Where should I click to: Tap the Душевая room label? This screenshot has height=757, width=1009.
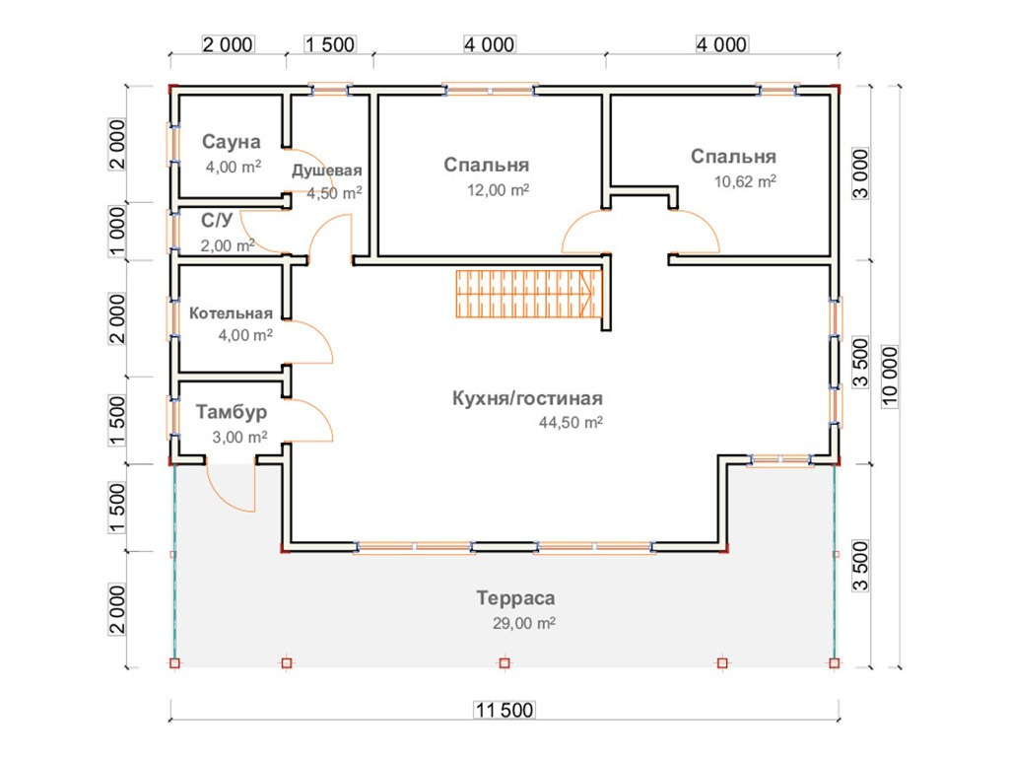click(327, 171)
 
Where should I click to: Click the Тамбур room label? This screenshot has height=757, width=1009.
click(231, 411)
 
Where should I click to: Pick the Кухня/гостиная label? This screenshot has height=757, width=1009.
click(526, 398)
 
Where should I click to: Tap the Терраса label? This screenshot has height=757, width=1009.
click(515, 597)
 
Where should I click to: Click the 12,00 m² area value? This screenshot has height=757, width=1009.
click(499, 190)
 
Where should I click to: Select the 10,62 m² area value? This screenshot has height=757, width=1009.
click(746, 181)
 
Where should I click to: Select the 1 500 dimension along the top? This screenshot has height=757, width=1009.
click(329, 44)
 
